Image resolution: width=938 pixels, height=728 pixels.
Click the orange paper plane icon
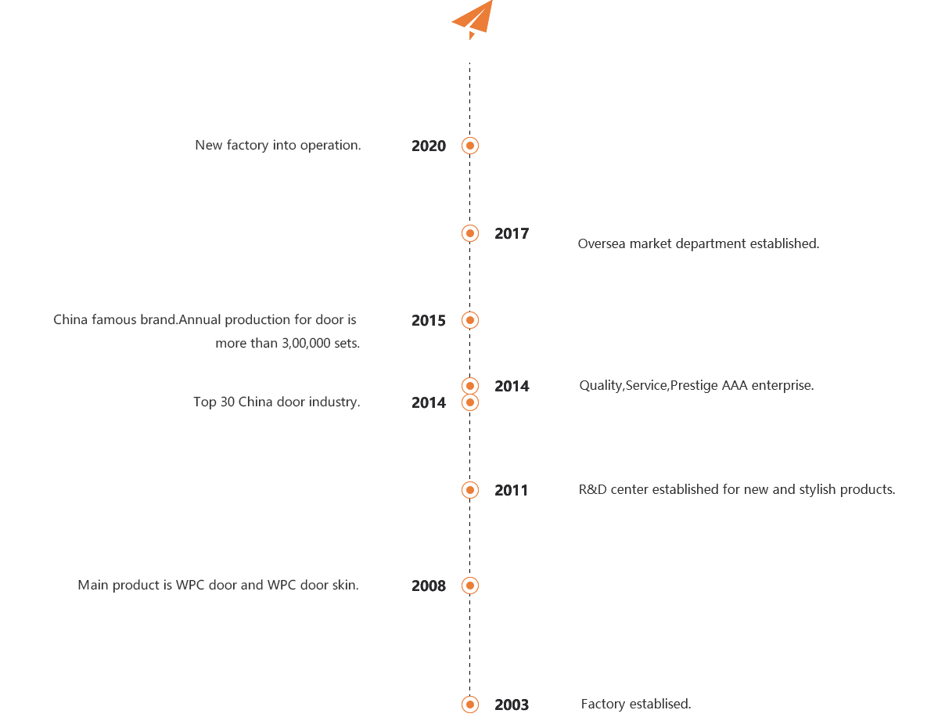tap(474, 19)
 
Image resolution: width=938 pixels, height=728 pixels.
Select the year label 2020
tap(429, 146)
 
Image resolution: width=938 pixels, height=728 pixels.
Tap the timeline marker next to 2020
tap(470, 146)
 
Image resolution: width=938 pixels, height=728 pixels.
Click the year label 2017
tap(512, 233)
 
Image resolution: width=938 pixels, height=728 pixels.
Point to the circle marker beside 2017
tap(470, 233)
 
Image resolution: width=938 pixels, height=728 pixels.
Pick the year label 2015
tap(429, 321)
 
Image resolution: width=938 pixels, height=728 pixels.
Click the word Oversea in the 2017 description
tap(601, 243)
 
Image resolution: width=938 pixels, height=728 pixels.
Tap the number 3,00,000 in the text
tap(304, 344)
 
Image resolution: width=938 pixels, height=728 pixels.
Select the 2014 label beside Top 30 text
tap(429, 403)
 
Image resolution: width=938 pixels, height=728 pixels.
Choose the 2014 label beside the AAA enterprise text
tap(512, 386)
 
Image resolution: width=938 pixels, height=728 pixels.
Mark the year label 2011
tap(512, 490)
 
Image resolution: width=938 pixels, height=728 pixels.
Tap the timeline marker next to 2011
tap(470, 490)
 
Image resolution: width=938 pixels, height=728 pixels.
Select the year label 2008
tap(429, 586)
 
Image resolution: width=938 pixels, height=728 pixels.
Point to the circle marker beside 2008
tap(470, 586)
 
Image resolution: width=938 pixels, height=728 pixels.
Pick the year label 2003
tap(512, 705)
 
